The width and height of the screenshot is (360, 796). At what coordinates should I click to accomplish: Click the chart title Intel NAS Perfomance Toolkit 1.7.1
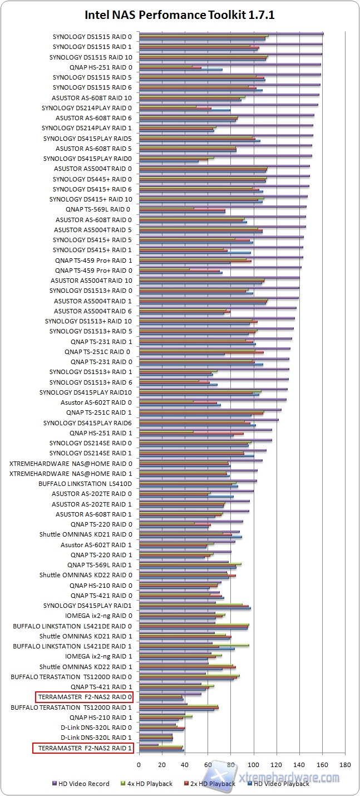coord(180,16)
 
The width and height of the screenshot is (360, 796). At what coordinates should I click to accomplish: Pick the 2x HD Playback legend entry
coord(211,784)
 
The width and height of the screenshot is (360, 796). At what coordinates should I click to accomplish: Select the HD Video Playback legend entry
coord(281,784)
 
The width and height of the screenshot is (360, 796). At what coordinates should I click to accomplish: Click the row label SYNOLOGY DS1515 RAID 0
coord(92,37)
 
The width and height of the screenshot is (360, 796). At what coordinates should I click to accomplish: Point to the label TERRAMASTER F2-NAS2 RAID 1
coord(83,748)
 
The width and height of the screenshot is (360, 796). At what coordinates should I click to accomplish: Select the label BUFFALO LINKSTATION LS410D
coord(85,484)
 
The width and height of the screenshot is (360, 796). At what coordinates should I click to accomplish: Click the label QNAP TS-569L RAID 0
coord(97,209)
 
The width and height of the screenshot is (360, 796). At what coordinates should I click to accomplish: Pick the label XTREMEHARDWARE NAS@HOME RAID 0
coord(71,463)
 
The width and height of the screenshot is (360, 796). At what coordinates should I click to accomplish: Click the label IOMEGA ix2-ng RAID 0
coord(98,616)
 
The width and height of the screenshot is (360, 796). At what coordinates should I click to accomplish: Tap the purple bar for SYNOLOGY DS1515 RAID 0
coord(231,34)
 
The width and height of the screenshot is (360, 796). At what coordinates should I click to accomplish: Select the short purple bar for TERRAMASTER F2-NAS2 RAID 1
coord(149,745)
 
